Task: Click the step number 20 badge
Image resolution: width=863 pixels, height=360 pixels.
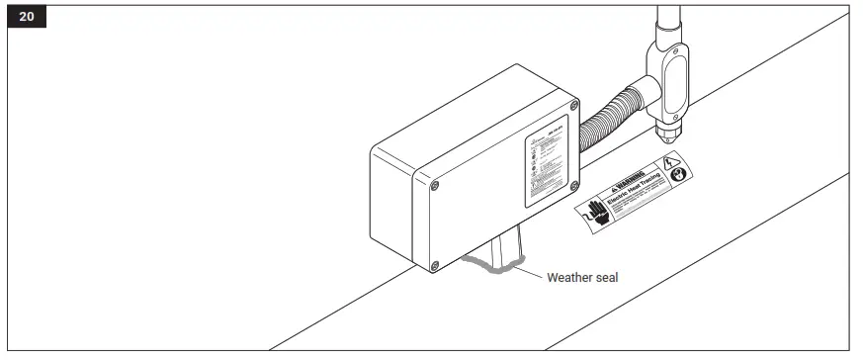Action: [x=27, y=18]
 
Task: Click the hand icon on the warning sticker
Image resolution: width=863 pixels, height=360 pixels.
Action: [x=595, y=213]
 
